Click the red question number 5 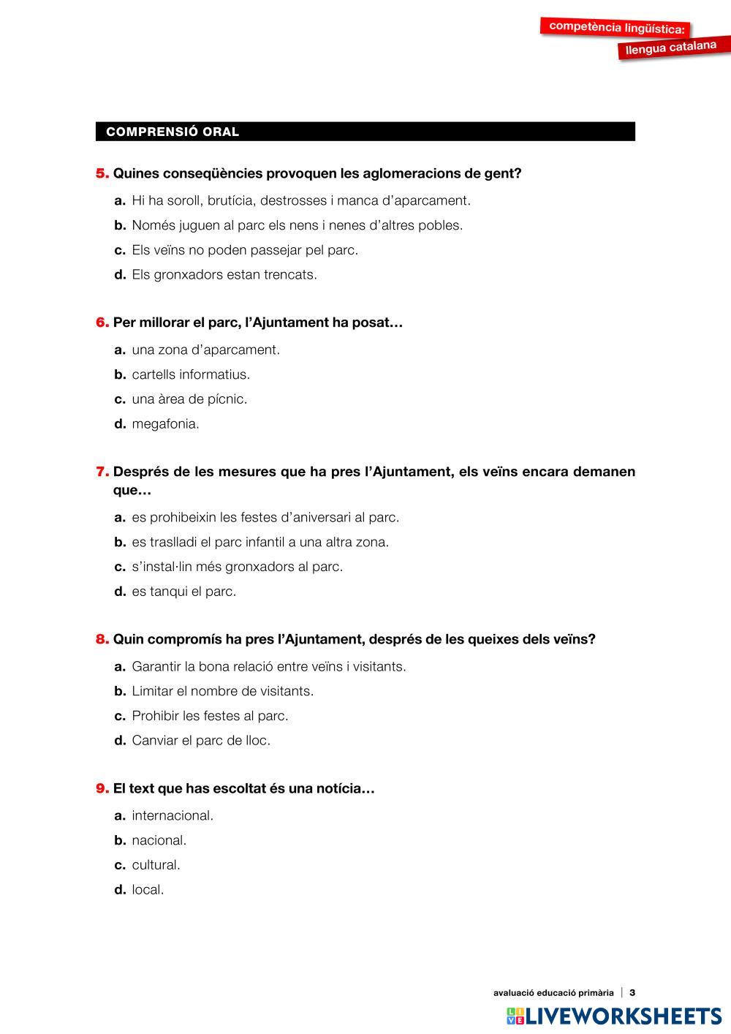[x=102, y=174]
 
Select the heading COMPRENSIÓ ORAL [x=173, y=132]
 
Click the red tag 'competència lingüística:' [x=617, y=28]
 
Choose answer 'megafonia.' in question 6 [x=165, y=424]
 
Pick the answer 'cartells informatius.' [x=190, y=374]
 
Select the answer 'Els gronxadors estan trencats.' [x=224, y=275]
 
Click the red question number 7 [x=102, y=472]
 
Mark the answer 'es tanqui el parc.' [x=183, y=592]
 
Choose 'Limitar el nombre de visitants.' [x=222, y=691]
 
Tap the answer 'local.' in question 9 [x=148, y=890]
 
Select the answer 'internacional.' [x=173, y=815]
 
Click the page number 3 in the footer [x=632, y=992]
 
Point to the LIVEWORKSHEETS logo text [x=623, y=1016]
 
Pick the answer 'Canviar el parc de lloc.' [x=200, y=741]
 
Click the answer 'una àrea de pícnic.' [x=189, y=399]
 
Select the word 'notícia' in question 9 [x=338, y=789]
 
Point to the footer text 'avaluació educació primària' [x=553, y=992]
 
